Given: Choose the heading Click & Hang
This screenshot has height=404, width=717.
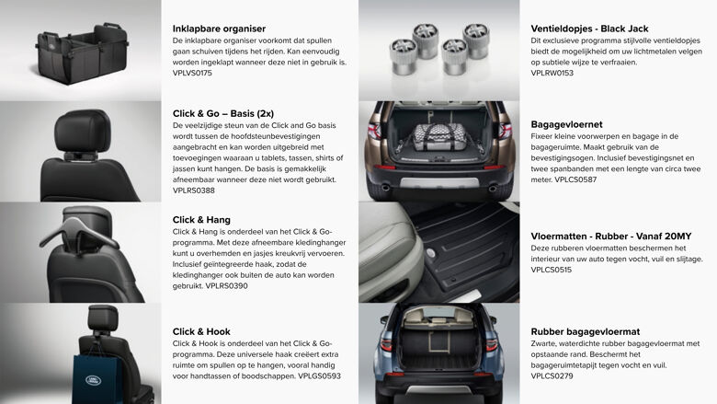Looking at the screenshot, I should point(201,220).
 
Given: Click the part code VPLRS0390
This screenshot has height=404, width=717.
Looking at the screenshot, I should point(226,286).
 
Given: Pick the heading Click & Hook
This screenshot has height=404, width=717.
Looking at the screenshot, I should point(201,331).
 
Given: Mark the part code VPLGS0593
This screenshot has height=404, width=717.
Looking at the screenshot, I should point(319,376).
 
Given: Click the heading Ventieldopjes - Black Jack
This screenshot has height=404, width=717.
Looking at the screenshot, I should point(597,29).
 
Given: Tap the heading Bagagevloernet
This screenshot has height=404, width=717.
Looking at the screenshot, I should point(566,123).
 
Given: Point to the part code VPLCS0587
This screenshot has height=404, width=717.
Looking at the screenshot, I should point(575,179).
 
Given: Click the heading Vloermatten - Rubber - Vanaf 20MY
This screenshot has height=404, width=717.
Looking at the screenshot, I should point(611,237).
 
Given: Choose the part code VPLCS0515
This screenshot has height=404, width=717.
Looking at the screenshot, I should point(552,270).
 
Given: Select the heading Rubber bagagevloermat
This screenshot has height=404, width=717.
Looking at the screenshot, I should point(585,331).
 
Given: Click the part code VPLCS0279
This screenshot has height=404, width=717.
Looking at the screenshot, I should point(552,376).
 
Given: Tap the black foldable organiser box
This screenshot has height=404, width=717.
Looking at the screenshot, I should point(81,51).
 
